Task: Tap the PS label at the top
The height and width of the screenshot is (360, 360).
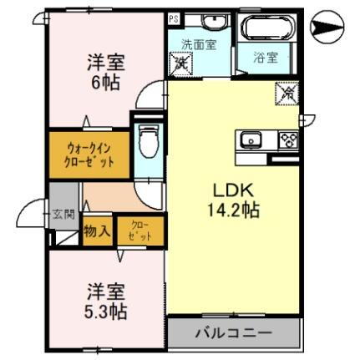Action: tap(174, 18)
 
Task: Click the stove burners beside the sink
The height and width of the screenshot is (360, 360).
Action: tap(289, 139)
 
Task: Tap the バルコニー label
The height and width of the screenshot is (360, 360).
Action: tap(233, 332)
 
